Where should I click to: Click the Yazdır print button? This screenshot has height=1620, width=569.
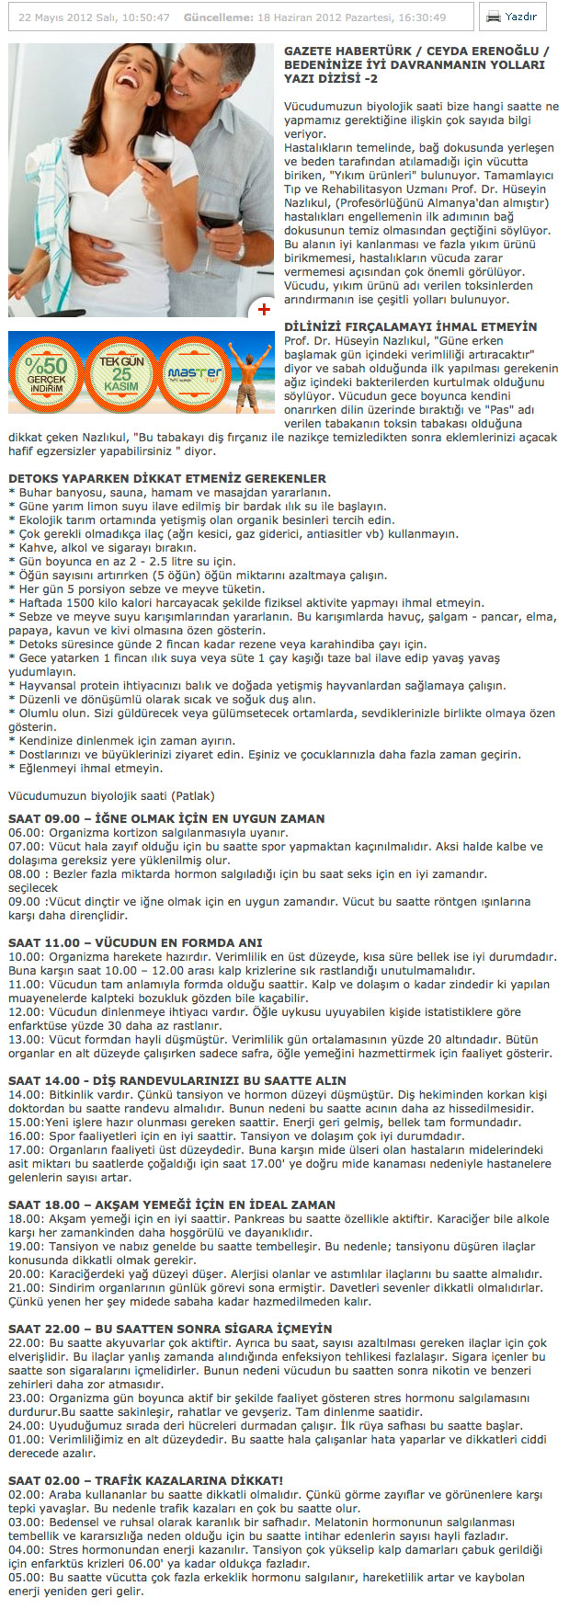512,17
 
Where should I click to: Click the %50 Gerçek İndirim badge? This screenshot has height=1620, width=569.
46,372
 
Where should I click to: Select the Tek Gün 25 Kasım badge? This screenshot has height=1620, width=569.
121,373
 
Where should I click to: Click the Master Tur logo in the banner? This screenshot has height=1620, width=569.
194,373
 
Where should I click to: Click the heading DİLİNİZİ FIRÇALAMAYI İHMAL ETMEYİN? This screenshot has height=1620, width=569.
410,326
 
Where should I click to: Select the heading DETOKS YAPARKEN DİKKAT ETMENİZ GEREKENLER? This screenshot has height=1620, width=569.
167,479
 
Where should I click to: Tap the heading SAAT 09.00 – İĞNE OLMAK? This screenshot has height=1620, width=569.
166,818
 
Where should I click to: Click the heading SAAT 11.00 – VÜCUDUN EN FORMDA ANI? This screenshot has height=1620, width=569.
135,942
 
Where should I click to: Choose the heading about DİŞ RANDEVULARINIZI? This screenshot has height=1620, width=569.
177,1080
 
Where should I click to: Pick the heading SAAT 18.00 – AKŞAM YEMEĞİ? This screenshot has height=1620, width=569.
172,1204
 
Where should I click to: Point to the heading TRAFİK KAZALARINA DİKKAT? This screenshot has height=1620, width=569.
145,1480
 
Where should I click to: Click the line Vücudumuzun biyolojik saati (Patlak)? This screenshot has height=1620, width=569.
111,795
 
